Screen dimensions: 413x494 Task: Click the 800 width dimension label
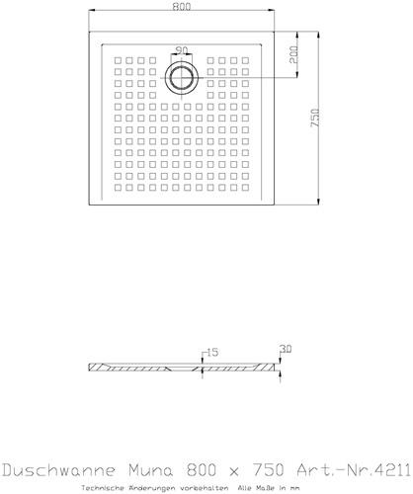182,7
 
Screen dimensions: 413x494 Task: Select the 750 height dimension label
315,118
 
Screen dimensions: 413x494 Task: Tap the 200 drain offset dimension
293,54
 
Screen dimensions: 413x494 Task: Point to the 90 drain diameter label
182,50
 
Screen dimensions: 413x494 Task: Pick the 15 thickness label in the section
212,353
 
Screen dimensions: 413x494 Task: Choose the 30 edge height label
286,349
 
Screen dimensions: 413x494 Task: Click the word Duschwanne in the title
59,469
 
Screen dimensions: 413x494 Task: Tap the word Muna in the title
151,469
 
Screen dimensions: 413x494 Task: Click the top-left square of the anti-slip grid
118,60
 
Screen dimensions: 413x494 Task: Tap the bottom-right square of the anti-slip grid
245,188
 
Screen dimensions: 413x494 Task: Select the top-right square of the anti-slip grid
245,60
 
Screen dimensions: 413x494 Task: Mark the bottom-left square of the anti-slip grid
118,188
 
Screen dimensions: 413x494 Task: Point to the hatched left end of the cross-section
97,368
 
